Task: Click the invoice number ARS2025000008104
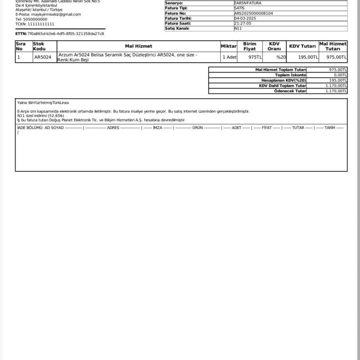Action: tap(254, 13)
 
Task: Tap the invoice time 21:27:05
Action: tap(243, 23)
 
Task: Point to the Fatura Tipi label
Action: tap(176, 8)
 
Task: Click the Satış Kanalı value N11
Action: tap(237, 28)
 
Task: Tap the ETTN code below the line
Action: tap(66, 34)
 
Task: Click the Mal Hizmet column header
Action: tap(138, 46)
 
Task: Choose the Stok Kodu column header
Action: tap(39, 46)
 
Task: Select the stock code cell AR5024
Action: tap(43, 57)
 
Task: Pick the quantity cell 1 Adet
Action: tap(229, 57)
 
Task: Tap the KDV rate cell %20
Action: tap(281, 57)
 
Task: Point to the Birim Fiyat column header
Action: tap(250, 46)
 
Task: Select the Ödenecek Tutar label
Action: tap(290, 91)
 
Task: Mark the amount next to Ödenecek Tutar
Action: tap(336, 91)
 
